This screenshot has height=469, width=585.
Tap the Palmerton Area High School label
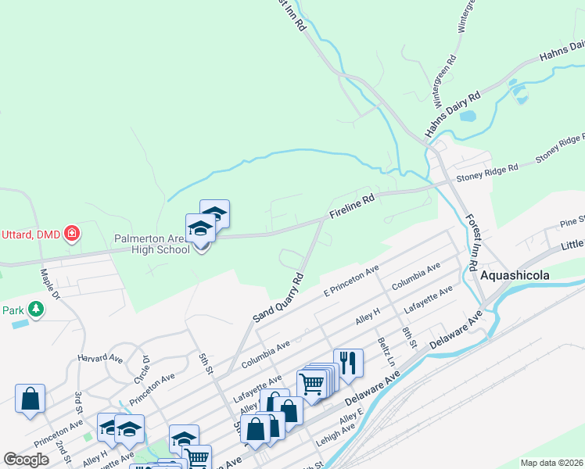(151, 243)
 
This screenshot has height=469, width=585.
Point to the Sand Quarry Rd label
(278, 298)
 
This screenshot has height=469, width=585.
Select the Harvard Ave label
(99, 358)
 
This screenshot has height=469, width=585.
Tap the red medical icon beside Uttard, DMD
(72, 233)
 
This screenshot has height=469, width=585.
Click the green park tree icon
(35, 310)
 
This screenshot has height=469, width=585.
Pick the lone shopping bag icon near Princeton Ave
(30, 399)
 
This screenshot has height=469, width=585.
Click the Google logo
(27, 459)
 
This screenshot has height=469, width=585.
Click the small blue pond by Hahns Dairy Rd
(468, 116)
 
